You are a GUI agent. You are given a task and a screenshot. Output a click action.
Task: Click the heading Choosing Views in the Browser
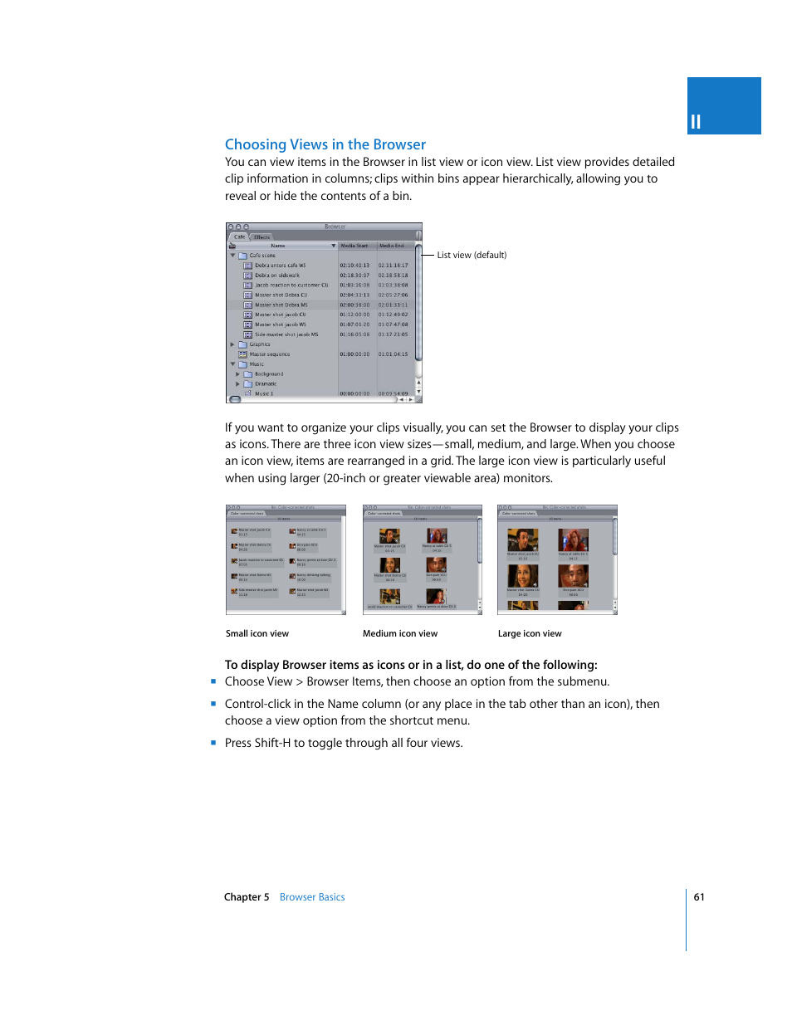click(x=325, y=144)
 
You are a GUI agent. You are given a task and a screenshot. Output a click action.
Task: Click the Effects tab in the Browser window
click(x=262, y=237)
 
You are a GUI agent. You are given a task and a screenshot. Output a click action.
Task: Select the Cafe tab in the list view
click(x=239, y=237)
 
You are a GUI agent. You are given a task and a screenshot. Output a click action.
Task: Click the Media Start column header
click(x=354, y=246)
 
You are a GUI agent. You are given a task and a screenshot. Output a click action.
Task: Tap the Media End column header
click(x=392, y=246)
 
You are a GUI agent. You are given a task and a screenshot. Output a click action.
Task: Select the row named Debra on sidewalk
click(x=276, y=276)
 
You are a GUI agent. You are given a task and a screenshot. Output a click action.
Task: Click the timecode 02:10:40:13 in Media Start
click(x=354, y=266)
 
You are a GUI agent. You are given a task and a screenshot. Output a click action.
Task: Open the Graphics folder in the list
click(x=259, y=344)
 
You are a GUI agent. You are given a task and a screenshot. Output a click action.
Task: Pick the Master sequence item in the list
click(x=269, y=354)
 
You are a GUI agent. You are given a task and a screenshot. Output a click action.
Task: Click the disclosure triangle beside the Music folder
click(x=232, y=364)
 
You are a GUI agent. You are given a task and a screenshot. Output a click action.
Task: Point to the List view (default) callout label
click(x=472, y=255)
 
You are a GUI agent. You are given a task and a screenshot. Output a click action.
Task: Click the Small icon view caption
click(x=257, y=633)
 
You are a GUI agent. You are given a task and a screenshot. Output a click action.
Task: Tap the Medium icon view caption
click(x=400, y=633)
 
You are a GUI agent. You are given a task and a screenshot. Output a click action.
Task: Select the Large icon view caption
click(x=530, y=633)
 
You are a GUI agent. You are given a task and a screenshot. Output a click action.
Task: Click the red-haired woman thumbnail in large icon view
click(x=573, y=541)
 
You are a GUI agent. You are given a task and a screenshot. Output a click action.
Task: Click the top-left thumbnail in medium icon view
click(x=389, y=536)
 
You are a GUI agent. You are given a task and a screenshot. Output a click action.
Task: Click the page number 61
click(x=699, y=897)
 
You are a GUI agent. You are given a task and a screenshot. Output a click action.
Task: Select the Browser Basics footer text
click(x=312, y=897)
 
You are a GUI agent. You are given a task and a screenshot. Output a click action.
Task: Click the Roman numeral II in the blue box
click(x=696, y=122)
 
